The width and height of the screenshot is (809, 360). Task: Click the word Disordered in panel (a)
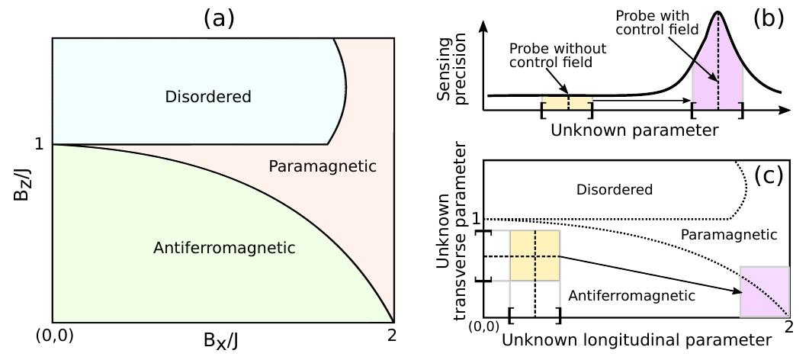207,97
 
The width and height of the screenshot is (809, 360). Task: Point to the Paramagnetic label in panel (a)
323,166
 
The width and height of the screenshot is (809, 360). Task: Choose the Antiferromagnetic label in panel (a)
223,248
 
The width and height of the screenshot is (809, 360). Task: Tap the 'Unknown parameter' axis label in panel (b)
634,130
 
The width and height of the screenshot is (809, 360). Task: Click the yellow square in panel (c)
535,255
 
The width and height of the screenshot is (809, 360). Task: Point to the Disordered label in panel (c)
615,189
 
